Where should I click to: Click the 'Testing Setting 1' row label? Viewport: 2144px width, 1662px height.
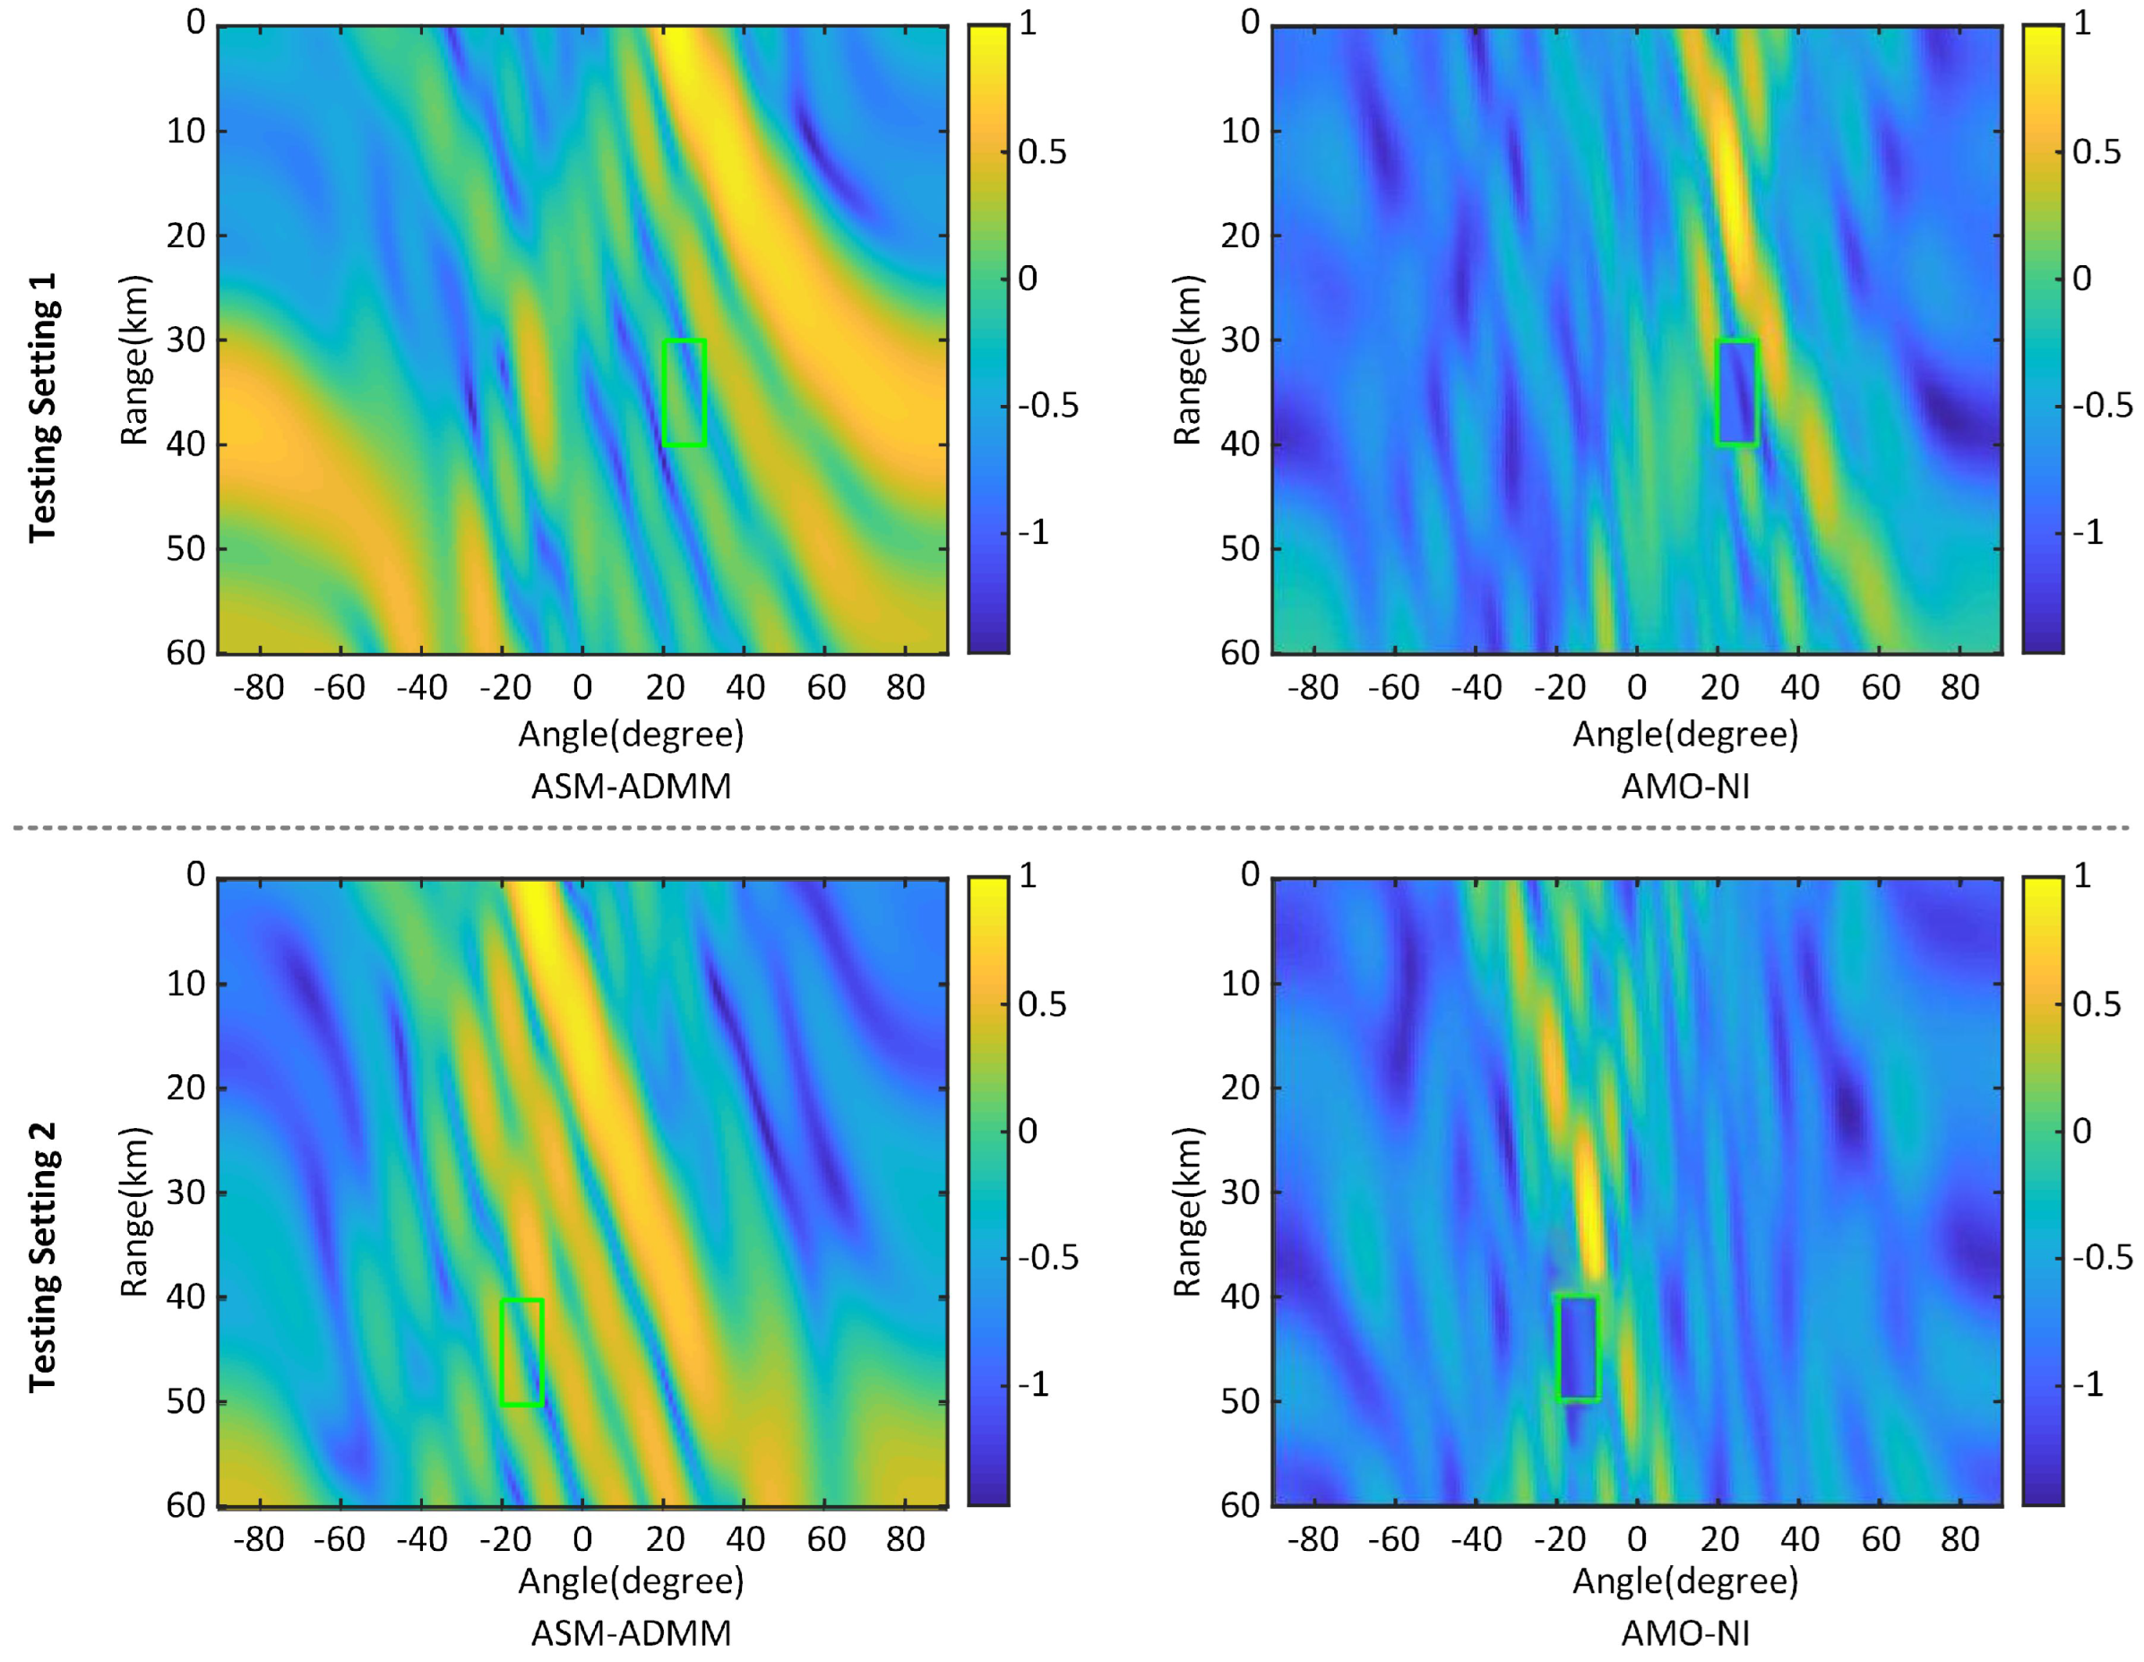[43, 408]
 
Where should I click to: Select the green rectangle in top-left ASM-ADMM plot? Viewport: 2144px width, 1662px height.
[685, 392]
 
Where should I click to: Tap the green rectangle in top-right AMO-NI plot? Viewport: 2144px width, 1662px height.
[1736, 392]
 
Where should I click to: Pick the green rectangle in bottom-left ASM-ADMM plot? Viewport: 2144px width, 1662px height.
[521, 1352]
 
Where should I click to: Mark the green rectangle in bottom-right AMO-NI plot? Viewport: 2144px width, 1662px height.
[1579, 1348]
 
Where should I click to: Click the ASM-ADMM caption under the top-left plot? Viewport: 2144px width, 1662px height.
[632, 788]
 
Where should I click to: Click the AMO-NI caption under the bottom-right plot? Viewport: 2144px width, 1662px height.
[1685, 1632]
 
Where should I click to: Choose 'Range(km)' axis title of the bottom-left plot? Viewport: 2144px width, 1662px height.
[134, 1212]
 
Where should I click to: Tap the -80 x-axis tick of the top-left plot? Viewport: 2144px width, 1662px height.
[258, 687]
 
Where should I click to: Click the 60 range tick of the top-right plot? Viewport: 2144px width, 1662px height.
[1240, 653]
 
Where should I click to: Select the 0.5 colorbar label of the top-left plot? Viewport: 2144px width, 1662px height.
[1042, 152]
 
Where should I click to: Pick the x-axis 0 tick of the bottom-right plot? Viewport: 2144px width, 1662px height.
[1637, 1538]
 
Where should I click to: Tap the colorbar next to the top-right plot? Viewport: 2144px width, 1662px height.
[2043, 339]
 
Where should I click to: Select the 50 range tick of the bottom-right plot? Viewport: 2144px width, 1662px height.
[1240, 1401]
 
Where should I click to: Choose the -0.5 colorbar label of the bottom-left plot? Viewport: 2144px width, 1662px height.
[1047, 1258]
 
